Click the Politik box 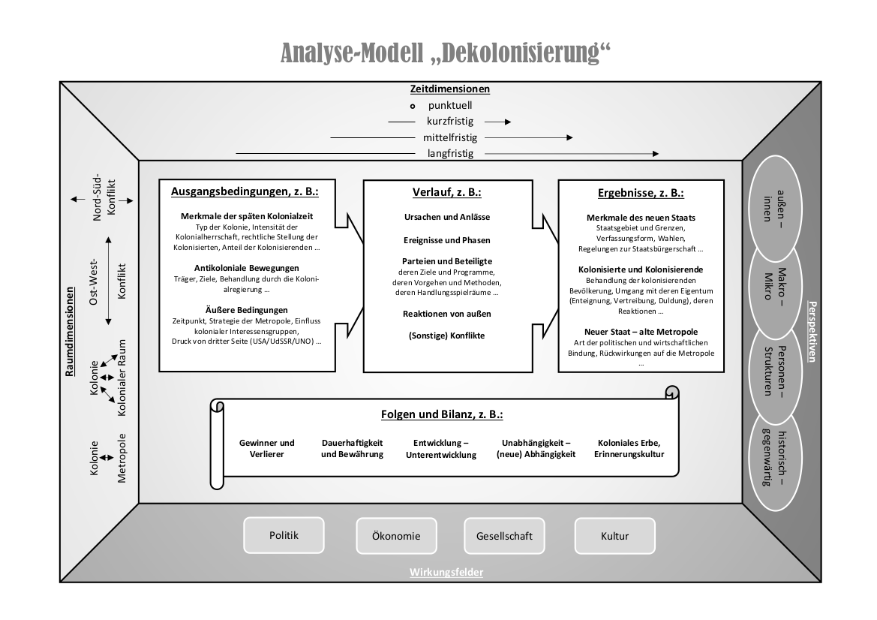(284, 535)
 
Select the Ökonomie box (396, 536)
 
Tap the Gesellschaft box (504, 536)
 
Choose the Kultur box (614, 536)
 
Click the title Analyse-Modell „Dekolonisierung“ (446, 53)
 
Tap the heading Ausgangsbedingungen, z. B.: (245, 191)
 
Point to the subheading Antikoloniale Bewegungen (246, 268)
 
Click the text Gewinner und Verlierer (266, 448)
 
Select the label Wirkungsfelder (446, 573)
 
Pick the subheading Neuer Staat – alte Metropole (641, 331)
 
